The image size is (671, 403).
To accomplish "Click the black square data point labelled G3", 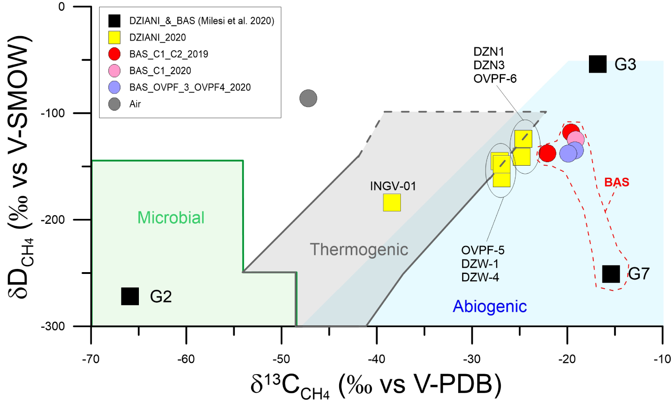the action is click(x=597, y=64).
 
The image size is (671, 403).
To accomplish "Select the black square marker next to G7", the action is click(x=611, y=274).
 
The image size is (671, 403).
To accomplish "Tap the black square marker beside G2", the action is click(x=130, y=296).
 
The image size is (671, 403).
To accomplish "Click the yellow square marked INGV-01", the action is click(x=392, y=202).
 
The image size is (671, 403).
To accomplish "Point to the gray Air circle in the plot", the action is click(x=308, y=98).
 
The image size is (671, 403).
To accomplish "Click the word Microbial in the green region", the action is click(x=171, y=218).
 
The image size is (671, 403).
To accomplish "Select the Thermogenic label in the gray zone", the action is click(x=359, y=250).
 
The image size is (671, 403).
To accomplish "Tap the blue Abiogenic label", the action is click(x=490, y=306).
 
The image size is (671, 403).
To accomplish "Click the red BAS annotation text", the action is click(x=617, y=182).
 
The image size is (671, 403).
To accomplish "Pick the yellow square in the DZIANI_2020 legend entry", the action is click(x=114, y=37).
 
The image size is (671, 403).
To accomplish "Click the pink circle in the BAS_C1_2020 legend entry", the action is click(x=114, y=71).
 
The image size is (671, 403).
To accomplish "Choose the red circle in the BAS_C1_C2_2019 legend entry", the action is click(x=114, y=54).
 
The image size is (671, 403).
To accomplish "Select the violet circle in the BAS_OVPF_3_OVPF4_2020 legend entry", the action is click(x=114, y=87).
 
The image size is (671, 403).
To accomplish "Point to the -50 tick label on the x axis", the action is click(x=281, y=359).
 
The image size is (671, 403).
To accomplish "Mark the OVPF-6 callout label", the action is click(x=495, y=79).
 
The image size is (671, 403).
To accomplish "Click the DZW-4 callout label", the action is click(x=480, y=278).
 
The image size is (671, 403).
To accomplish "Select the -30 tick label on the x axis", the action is click(x=472, y=359).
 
